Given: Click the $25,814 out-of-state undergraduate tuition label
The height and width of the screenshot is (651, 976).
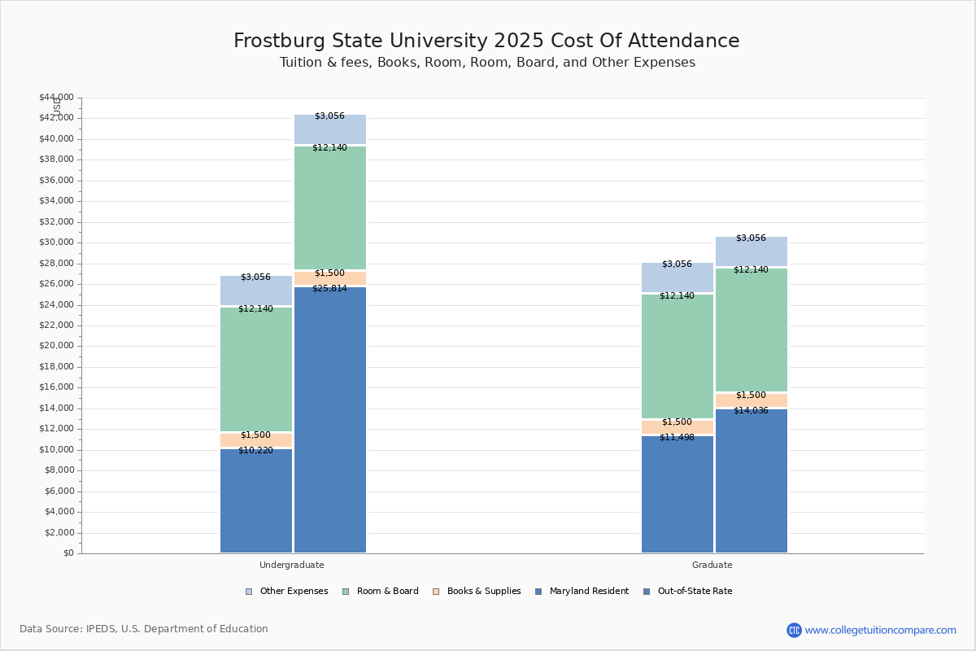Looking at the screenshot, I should pyautogui.click(x=329, y=288).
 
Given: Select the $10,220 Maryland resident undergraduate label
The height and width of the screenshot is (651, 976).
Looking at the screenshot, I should pyautogui.click(x=255, y=450).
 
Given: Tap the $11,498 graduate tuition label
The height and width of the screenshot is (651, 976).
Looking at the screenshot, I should pyautogui.click(x=677, y=437).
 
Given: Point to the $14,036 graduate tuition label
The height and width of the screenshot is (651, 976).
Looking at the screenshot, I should pyautogui.click(x=751, y=410).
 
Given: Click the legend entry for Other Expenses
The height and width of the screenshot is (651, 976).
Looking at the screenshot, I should pyautogui.click(x=286, y=592).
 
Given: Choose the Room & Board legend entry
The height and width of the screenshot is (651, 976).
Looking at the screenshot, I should pyautogui.click(x=380, y=592).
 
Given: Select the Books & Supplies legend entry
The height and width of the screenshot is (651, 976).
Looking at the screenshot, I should pyautogui.click(x=476, y=592).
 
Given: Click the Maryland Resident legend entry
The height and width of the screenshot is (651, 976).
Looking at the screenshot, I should pyautogui.click(x=582, y=592).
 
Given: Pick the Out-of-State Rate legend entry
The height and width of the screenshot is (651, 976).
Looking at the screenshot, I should pyautogui.click(x=687, y=592).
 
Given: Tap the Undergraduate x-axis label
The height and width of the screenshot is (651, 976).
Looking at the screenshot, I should pyautogui.click(x=292, y=565).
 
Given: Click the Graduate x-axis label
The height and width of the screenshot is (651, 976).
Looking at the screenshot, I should pyautogui.click(x=712, y=565).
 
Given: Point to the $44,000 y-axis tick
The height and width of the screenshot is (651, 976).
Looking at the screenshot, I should pyautogui.click(x=56, y=98).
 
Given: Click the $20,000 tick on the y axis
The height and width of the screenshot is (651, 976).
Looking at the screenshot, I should pyautogui.click(x=56, y=346).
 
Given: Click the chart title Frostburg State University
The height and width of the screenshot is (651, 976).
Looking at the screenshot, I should pyautogui.click(x=486, y=41).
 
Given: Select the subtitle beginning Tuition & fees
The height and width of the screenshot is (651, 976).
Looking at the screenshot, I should pyautogui.click(x=487, y=63).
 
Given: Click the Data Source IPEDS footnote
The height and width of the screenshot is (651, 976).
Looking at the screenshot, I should pyautogui.click(x=144, y=629).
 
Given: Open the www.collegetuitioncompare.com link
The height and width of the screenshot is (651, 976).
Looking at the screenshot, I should pyautogui.click(x=880, y=630).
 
